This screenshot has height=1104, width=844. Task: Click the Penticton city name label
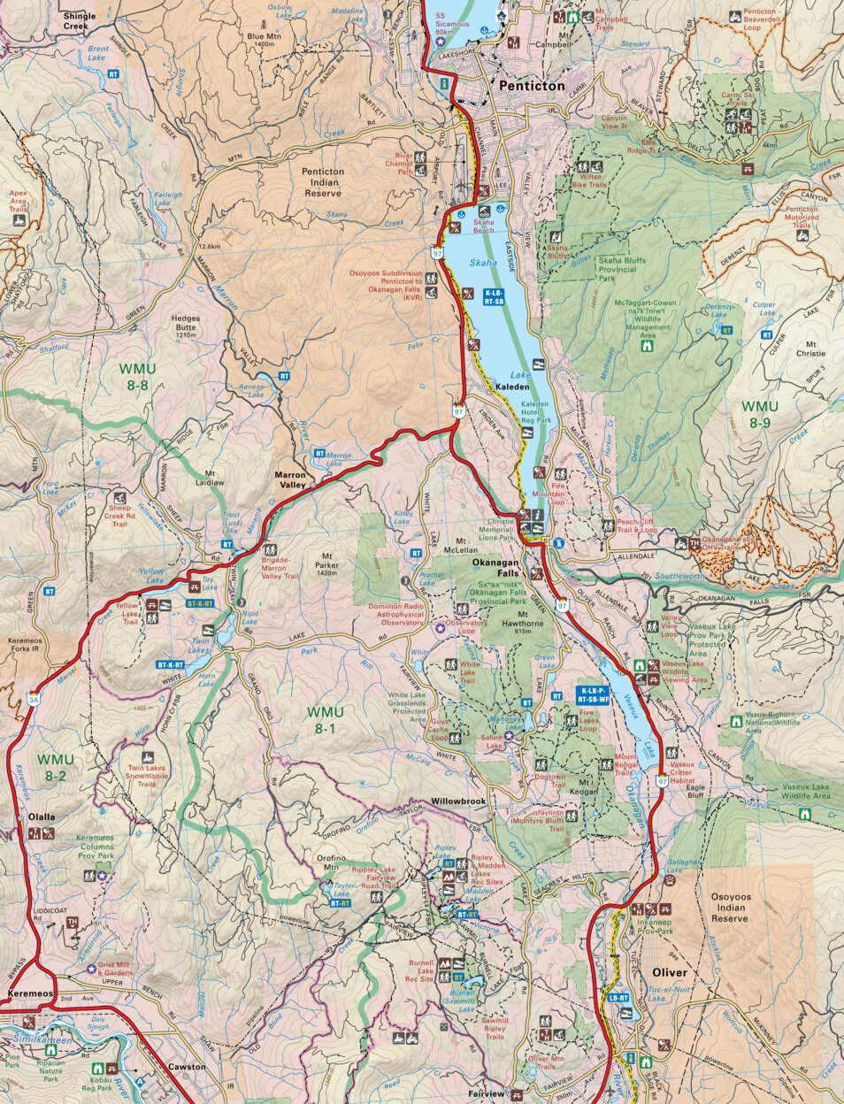pos(531,86)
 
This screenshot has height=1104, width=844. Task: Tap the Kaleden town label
pos(511,387)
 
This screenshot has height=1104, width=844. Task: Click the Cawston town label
pos(187,1067)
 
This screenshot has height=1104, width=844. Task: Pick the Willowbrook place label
pos(458,802)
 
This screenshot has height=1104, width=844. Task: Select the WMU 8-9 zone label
pos(759,414)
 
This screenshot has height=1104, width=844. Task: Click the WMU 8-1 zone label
pos(326,720)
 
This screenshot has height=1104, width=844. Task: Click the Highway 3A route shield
pos(33,698)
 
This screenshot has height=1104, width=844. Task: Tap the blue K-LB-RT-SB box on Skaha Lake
pos(494,296)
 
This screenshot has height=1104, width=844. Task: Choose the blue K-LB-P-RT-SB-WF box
pos(594,694)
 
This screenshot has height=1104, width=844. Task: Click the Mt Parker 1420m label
pos(326,567)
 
